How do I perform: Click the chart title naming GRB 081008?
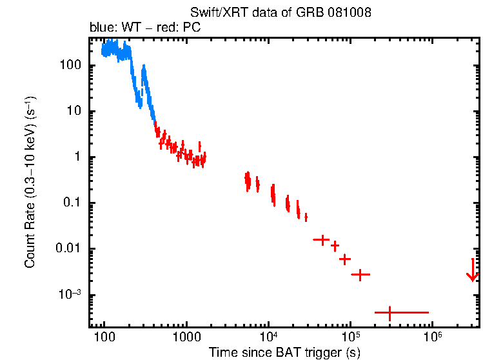tap(281, 13)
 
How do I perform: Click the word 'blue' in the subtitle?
tap(99, 28)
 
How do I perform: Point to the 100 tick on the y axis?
tap(68, 65)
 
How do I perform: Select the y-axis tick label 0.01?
tap(66, 249)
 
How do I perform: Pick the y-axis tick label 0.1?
tap(69, 203)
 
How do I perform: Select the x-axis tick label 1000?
tap(186, 338)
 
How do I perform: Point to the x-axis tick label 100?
tap(104, 338)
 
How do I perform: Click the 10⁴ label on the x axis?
tap(268, 337)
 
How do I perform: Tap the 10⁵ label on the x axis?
tap(350, 337)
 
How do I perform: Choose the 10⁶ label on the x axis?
tap(432, 337)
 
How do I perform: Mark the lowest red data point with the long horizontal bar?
tap(389, 312)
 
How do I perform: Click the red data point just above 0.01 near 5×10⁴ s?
tap(321, 239)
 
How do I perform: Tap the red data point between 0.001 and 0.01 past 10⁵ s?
tap(360, 275)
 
